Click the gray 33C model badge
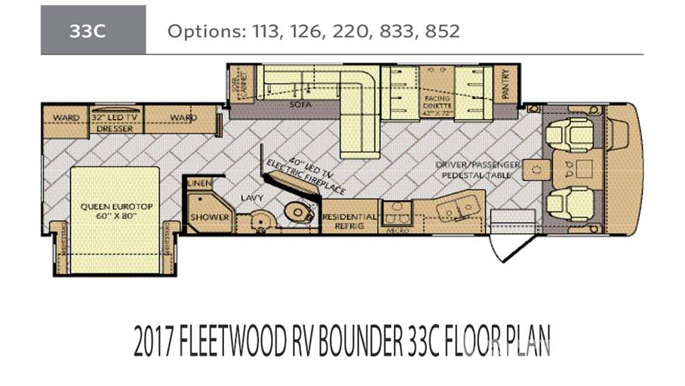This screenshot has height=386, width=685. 93,30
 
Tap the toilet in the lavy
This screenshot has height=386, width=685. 301,212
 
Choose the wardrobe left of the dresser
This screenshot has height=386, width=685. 66,119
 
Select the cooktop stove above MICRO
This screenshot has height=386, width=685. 395,212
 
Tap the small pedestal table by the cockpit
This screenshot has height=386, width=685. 539,169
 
